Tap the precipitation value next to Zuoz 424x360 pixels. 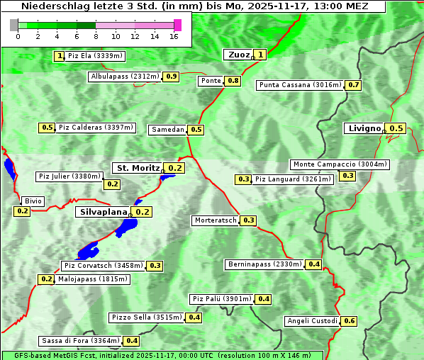tap(261, 55)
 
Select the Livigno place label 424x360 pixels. tap(364, 128)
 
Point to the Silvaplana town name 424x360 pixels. tap(103, 212)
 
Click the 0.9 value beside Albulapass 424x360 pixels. tap(172, 76)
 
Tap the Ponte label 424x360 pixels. tap(211, 81)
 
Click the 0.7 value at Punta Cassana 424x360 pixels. tap(354, 85)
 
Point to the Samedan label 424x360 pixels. tap(168, 130)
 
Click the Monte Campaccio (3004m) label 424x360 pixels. tap(340, 164)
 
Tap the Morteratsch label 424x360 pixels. tap(216, 220)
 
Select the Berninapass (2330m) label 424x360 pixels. tap(265, 264)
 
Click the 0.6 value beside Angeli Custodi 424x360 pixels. tap(349, 321)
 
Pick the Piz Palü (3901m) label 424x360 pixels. tap(222, 299)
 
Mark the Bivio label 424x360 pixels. tap(33, 201)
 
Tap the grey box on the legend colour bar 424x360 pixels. tap(14, 25)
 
